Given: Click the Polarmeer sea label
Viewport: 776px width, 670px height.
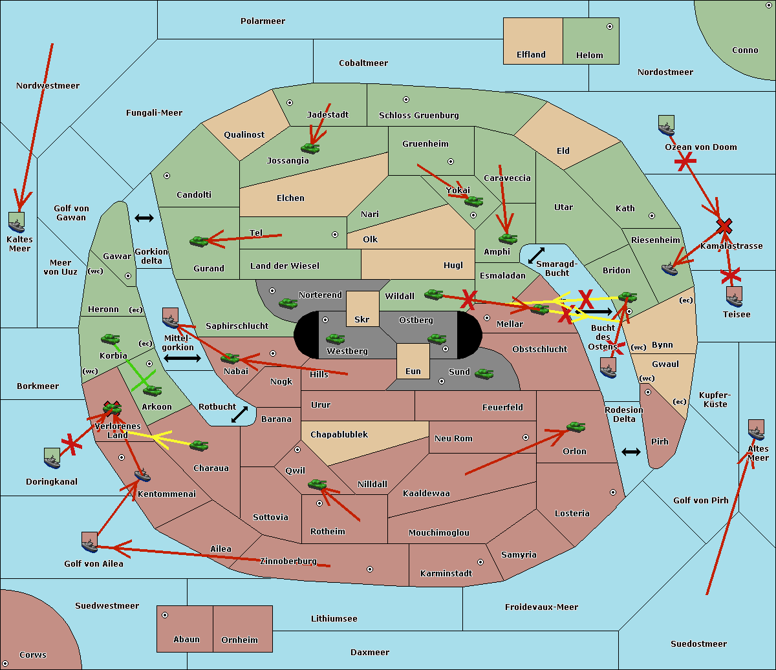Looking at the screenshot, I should [263, 21].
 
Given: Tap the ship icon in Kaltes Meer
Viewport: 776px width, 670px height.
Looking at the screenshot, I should [17, 222].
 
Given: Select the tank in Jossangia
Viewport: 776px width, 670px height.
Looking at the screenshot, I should [310, 149].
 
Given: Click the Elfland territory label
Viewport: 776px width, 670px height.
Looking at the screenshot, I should [531, 55].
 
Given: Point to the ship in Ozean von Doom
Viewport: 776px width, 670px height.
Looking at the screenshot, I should [666, 125].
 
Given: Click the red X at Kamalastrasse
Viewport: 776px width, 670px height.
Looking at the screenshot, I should [724, 226].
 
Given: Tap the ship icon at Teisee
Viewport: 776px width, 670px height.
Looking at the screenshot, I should [734, 297].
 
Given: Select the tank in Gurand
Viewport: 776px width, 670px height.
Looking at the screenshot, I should [199, 242].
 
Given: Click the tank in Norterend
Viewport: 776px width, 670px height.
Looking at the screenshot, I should [288, 303].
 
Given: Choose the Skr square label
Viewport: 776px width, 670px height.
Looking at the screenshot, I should [362, 319].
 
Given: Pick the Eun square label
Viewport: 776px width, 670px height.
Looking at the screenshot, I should [413, 371].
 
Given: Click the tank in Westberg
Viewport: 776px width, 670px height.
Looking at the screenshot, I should [335, 339].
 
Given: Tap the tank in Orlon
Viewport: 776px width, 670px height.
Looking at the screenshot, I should [576, 427].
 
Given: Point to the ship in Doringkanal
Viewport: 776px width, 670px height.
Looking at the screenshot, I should [52, 458].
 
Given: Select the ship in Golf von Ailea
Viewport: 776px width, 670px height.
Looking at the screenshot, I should [89, 542].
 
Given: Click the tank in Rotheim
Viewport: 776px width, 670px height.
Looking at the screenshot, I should [317, 484].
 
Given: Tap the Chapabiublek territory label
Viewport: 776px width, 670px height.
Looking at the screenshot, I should [339, 435].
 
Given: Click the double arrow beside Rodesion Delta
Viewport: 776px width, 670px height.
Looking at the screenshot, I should [631, 452].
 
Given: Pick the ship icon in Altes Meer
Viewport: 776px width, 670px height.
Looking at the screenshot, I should [756, 430].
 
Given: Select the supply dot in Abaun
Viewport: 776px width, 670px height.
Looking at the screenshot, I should [165, 615].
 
